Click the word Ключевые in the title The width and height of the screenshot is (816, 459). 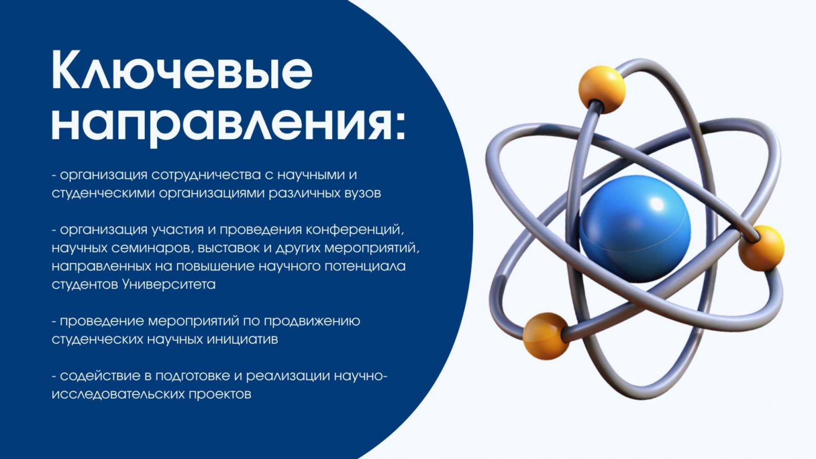182,70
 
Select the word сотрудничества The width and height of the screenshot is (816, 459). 206,175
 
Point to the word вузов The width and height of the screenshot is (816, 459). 363,193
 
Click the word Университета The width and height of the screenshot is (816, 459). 169,284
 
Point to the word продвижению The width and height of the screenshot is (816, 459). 312,321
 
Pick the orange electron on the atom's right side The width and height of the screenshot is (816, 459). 761,248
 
